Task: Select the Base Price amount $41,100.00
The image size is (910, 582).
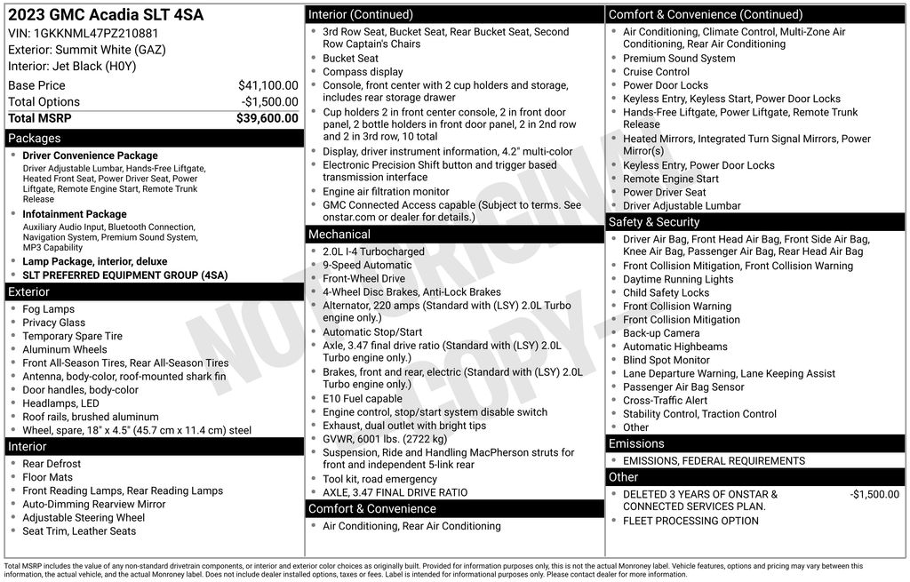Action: tap(267, 85)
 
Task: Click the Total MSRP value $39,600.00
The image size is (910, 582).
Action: tap(267, 118)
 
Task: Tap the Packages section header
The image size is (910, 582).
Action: tap(35, 139)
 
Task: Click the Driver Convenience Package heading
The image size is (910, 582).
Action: tap(90, 155)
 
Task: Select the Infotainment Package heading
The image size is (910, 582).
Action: tap(75, 214)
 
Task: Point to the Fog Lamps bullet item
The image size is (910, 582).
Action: tap(49, 309)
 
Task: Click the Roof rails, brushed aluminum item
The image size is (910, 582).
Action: tap(91, 417)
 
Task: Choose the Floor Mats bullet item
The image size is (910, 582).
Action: tap(48, 477)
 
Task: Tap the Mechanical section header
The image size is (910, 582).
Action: tap(339, 235)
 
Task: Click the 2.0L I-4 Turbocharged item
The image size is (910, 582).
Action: tap(373, 251)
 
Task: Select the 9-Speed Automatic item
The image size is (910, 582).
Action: tap(367, 265)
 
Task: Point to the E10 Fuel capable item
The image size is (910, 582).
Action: tap(363, 399)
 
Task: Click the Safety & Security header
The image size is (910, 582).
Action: tap(654, 222)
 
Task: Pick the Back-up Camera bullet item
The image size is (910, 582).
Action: tap(661, 333)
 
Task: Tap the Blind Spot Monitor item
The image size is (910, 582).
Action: tap(667, 360)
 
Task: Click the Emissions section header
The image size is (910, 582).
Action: tap(636, 443)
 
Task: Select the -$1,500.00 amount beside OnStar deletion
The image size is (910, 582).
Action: tap(874, 495)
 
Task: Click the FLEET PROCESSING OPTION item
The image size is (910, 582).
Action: tap(690, 521)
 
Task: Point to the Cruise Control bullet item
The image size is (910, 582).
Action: tap(656, 72)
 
